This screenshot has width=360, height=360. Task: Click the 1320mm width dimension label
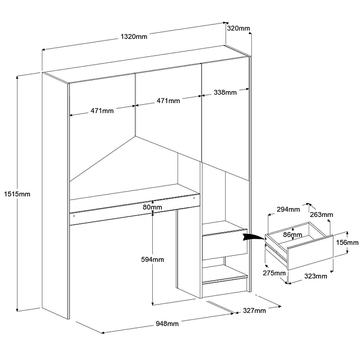(x=134, y=36)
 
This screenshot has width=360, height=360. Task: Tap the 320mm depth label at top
(x=238, y=28)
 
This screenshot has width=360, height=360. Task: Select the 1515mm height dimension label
(x=17, y=194)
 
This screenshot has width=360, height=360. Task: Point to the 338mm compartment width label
(x=225, y=92)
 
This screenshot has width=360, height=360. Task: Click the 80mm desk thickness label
(x=153, y=207)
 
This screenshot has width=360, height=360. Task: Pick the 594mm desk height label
(x=153, y=260)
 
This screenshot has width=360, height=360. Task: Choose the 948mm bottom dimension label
(x=167, y=324)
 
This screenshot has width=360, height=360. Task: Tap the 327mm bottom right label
(x=255, y=311)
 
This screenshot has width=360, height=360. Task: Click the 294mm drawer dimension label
(x=288, y=209)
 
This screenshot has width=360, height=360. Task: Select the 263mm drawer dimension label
(x=322, y=215)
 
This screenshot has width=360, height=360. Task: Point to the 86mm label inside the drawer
(x=292, y=235)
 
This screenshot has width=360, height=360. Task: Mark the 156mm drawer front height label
(x=347, y=243)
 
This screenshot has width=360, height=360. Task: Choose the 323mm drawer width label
(x=316, y=276)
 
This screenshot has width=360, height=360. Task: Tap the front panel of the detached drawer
(x=310, y=253)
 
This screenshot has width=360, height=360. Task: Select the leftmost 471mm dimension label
(x=102, y=111)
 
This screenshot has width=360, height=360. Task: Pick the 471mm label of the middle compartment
(x=168, y=101)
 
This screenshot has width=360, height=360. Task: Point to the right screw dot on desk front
(x=194, y=198)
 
